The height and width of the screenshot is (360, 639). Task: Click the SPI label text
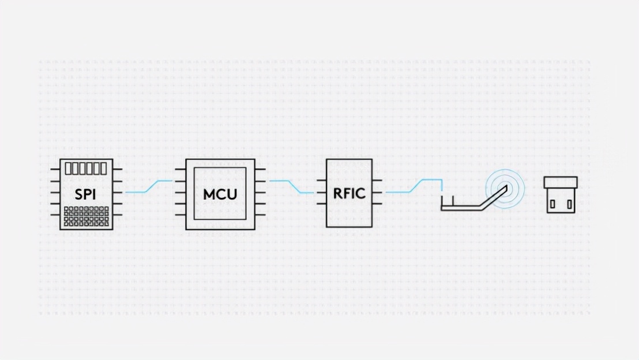86,194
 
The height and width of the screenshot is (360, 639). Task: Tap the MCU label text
220,194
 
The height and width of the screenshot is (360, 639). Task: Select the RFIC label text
349,193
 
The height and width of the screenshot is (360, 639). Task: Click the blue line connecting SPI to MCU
149,186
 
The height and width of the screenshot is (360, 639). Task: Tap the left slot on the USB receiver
552,204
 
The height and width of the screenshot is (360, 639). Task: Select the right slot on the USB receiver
569,204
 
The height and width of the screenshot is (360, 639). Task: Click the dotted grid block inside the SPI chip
86,216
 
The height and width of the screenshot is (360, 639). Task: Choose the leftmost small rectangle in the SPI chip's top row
69,168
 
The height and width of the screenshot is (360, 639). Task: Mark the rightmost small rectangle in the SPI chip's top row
103,168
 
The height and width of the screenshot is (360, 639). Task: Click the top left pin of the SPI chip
55,169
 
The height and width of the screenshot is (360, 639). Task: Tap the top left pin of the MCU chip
181,170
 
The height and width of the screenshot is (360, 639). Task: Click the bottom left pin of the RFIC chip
321,204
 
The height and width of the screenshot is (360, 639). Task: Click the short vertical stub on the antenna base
452,201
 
